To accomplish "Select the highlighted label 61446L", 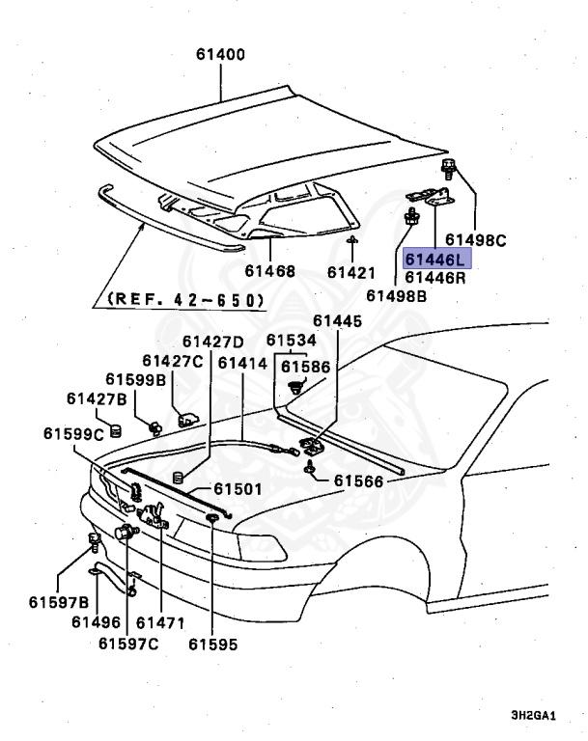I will click(435, 260).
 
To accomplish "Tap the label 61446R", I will click(435, 278).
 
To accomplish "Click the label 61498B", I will click(395, 297).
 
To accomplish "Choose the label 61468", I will click(269, 272).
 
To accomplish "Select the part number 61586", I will click(305, 367).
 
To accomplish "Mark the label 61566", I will click(359, 480).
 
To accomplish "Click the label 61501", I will click(238, 489).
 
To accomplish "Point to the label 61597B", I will click(58, 603).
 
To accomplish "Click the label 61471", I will click(160, 622).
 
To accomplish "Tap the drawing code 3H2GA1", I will click(536, 717).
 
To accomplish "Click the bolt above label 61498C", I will click(451, 171).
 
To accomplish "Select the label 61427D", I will click(212, 342).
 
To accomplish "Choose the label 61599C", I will click(72, 434).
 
